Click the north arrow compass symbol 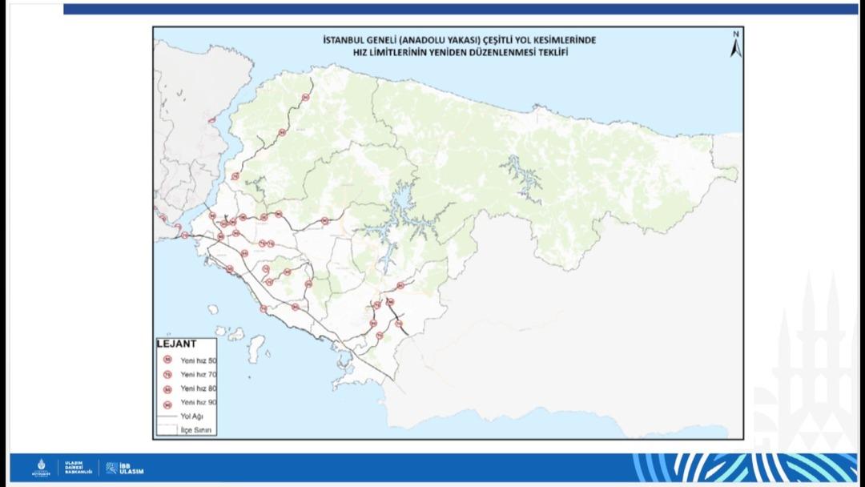point(735,46)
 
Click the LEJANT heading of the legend point(175,344)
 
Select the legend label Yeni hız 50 point(198,360)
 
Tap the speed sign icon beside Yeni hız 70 point(167,374)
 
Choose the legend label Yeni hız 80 point(198,388)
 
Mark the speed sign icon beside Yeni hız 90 point(167,402)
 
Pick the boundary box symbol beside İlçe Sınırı point(167,430)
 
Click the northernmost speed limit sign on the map point(305,97)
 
